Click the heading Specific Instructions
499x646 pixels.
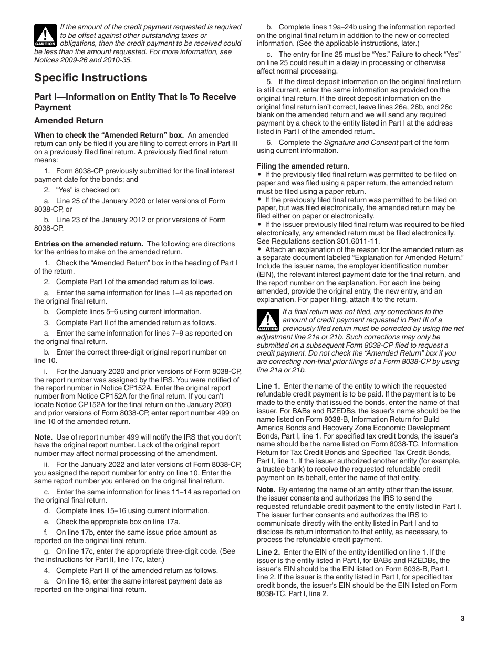coord(90,78)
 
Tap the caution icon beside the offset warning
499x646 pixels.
coord(45,35)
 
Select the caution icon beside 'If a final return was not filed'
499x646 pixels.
coord(267,320)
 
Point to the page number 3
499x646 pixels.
coord(462,618)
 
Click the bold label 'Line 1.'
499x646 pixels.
coord(268,386)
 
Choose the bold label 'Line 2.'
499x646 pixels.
coord(268,552)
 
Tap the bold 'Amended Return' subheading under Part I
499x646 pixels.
coord(68,120)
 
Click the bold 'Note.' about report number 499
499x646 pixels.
coord(43,437)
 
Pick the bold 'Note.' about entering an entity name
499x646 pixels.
coord(266,489)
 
